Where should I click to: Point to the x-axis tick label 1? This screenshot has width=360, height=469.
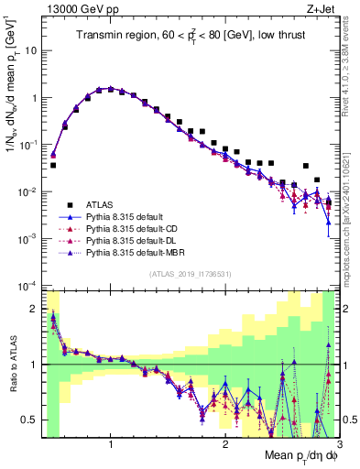111,444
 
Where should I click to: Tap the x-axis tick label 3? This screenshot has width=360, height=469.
338,444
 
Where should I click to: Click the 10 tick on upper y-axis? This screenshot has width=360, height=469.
32,50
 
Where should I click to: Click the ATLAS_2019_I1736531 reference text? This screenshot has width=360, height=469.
191,275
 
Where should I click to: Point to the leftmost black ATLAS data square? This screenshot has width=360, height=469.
53,166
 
